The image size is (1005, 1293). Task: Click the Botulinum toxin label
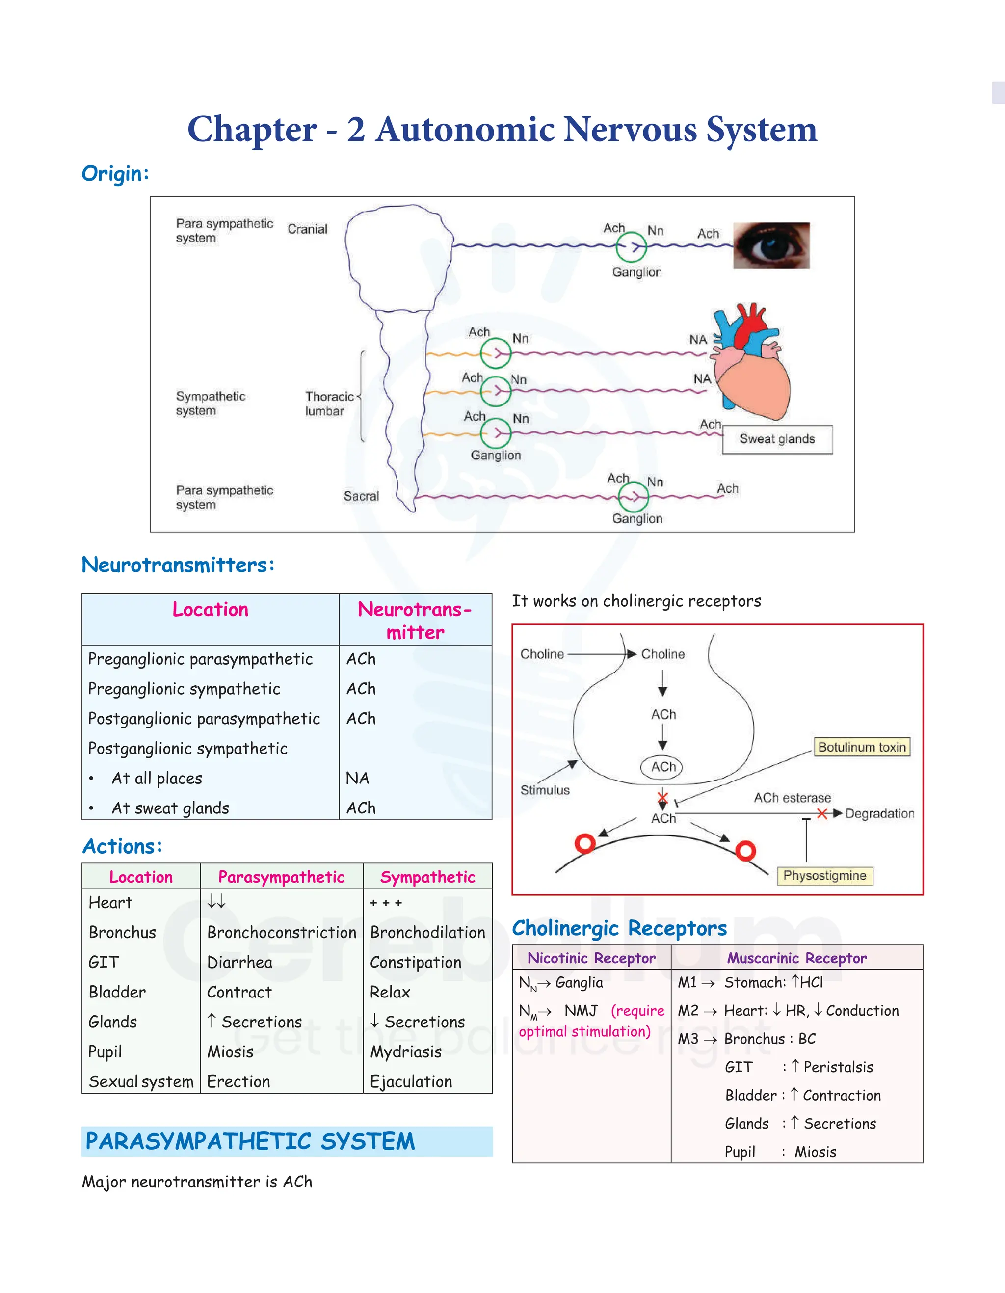(862, 747)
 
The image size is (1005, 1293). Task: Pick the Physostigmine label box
(824, 876)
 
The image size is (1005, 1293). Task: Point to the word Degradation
(879, 813)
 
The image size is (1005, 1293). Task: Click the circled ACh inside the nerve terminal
(662, 767)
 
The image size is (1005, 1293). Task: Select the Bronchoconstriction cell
(281, 933)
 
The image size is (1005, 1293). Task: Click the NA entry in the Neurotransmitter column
(357, 778)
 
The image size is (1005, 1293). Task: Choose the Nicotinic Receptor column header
(591, 958)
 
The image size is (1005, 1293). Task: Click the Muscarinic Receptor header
(796, 958)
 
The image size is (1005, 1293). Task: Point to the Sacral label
(361, 496)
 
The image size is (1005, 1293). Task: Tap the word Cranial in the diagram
(307, 229)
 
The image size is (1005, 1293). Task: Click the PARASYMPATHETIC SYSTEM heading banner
(287, 1141)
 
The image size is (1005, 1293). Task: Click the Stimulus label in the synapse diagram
(545, 790)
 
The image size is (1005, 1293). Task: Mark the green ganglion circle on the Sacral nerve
(634, 496)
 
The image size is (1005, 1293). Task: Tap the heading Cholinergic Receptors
(619, 928)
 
